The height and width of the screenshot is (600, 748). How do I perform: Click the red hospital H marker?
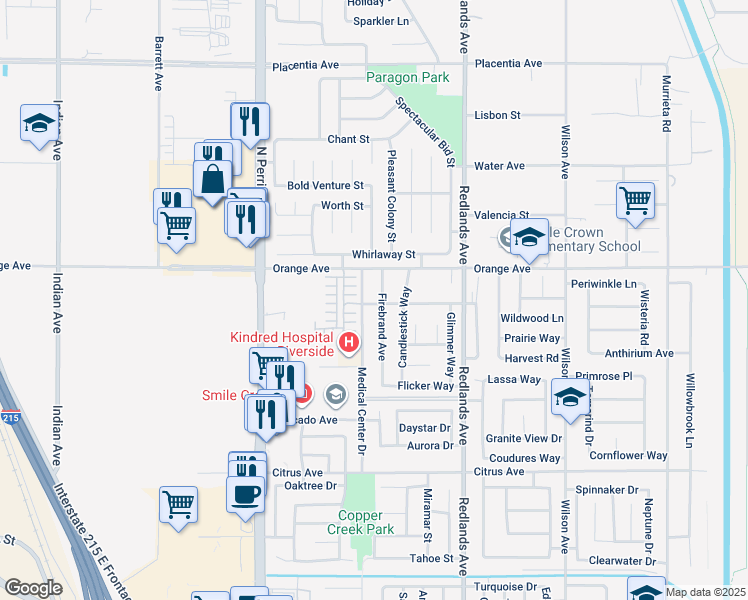click(x=349, y=343)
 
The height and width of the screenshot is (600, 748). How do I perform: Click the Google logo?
click(x=33, y=588)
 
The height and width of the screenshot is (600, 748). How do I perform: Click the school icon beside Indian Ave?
click(x=39, y=123)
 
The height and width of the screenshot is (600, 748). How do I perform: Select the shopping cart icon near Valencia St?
click(x=636, y=201)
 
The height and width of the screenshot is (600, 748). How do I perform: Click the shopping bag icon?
click(x=214, y=180)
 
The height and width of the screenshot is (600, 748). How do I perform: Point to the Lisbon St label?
click(x=498, y=115)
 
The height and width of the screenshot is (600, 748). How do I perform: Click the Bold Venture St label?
click(x=325, y=185)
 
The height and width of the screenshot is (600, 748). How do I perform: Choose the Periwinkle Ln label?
click(x=604, y=284)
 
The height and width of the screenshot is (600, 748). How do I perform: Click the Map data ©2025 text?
click(x=706, y=591)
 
